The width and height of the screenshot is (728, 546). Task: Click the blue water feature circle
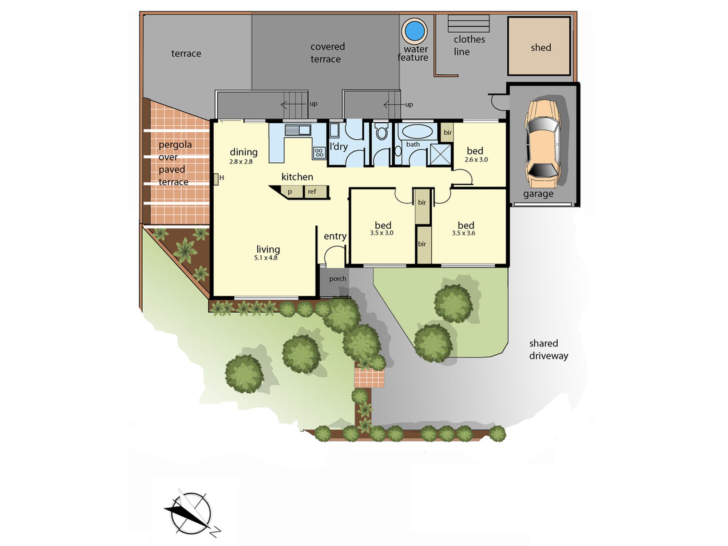pyautogui.click(x=415, y=31)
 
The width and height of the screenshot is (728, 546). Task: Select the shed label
pyautogui.click(x=541, y=47)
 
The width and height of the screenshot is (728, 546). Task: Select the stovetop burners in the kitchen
pyautogui.click(x=319, y=153)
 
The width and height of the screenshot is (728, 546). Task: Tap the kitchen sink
pyautogui.click(x=297, y=130)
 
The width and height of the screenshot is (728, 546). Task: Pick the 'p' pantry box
pyautogui.click(x=290, y=192)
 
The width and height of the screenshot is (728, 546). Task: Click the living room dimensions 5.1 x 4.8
pyautogui.click(x=266, y=258)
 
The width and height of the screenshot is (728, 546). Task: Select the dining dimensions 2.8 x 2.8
pyautogui.click(x=241, y=162)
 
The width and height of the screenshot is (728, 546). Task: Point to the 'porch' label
pyautogui.click(x=338, y=279)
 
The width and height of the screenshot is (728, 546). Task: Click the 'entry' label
pyautogui.click(x=335, y=236)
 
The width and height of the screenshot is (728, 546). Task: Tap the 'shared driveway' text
pyautogui.click(x=548, y=349)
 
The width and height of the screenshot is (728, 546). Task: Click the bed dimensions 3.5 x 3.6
pyautogui.click(x=464, y=233)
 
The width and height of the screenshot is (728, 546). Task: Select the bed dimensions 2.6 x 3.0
pyautogui.click(x=476, y=160)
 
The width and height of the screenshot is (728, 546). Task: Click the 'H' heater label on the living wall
pyautogui.click(x=221, y=178)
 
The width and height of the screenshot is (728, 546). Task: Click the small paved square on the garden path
pyautogui.click(x=369, y=378)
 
